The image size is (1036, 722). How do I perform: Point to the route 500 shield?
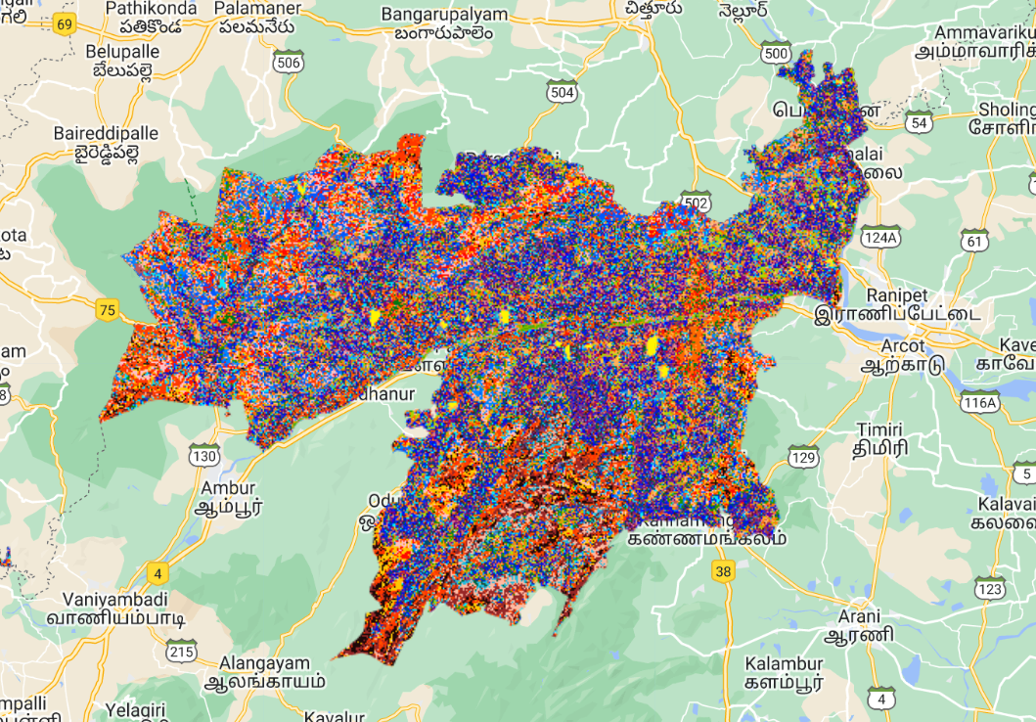click(776, 53)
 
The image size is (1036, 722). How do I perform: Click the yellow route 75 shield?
click(108, 311)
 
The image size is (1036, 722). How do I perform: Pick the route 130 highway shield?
click(204, 456)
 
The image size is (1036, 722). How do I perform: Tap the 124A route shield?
click(879, 238)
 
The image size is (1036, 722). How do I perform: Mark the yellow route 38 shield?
click(723, 572)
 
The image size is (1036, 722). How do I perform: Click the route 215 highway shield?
click(182, 650)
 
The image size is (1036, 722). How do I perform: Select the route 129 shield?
click(803, 457)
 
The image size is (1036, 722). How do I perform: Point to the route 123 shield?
click(990, 588)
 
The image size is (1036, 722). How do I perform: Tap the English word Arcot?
click(902, 345)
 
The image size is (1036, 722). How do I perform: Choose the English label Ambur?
click(227, 487)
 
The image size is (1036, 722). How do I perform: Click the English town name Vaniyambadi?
click(115, 599)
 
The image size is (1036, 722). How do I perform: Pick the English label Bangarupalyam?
click(445, 15)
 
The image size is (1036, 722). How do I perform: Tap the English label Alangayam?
click(265, 661)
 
